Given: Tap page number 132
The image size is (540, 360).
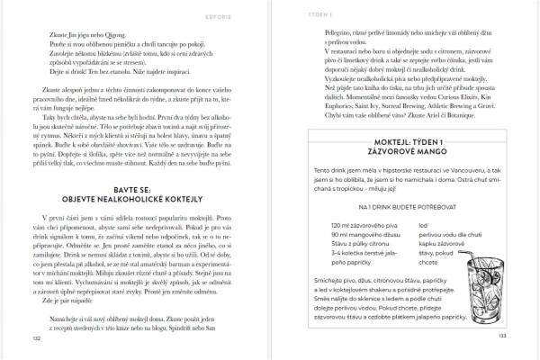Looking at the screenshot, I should pos(37,339).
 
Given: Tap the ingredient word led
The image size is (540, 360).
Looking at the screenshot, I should pos(423,224).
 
